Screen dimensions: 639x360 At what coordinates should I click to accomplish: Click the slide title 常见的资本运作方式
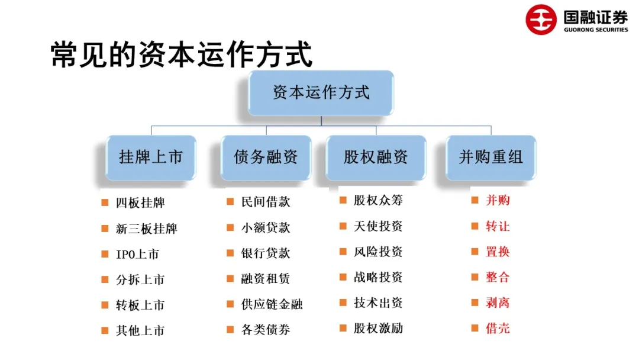point(181,55)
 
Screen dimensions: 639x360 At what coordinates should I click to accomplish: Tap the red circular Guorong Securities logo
point(541,19)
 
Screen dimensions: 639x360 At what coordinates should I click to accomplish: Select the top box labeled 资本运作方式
point(321,93)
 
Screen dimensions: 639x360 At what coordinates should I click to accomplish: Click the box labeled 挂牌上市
point(151,157)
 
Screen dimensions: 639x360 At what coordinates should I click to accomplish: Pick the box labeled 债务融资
point(266,157)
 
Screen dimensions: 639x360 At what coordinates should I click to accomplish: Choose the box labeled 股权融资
point(376,157)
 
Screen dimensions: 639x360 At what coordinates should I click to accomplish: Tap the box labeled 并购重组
point(490,157)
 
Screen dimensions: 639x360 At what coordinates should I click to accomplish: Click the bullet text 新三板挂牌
point(146,229)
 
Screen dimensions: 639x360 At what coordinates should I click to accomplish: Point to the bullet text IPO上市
point(137,255)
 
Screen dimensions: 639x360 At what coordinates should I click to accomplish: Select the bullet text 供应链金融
point(272,304)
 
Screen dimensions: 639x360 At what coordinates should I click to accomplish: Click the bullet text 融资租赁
point(266,279)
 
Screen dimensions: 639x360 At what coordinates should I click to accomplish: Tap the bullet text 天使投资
point(378,226)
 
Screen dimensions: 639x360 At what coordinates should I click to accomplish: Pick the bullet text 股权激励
point(378,328)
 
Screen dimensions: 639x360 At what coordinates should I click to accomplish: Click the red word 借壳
point(498,328)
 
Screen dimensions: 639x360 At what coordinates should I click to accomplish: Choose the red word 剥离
point(498,303)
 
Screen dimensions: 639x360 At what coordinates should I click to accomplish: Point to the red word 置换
point(498,252)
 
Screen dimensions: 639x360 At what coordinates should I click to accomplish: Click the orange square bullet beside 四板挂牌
point(105,202)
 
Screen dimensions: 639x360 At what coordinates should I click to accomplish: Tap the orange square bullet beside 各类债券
point(230,330)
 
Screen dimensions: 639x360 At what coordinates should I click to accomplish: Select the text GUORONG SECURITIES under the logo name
point(596,29)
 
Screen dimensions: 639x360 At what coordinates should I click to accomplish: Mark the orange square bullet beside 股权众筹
point(343,200)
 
